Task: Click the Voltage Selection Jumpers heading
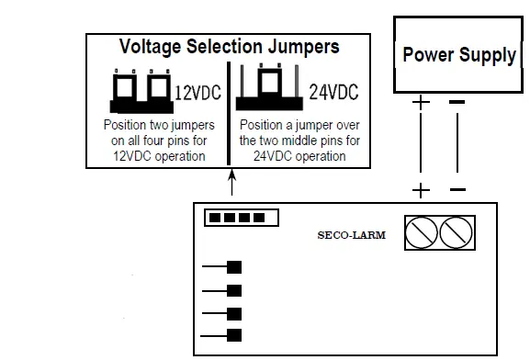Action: click(x=229, y=46)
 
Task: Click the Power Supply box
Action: click(x=458, y=55)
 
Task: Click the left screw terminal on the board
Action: click(x=422, y=234)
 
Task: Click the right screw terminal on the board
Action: click(x=456, y=234)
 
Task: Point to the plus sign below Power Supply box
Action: click(x=422, y=102)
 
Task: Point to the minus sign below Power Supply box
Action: click(x=457, y=102)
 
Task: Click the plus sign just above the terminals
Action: click(x=422, y=190)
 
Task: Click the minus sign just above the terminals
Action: click(x=457, y=190)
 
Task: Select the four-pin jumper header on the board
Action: click(x=238, y=218)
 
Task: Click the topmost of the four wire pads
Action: click(x=234, y=267)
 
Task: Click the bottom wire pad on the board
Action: click(x=234, y=335)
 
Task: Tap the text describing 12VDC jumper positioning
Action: click(x=157, y=139)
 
